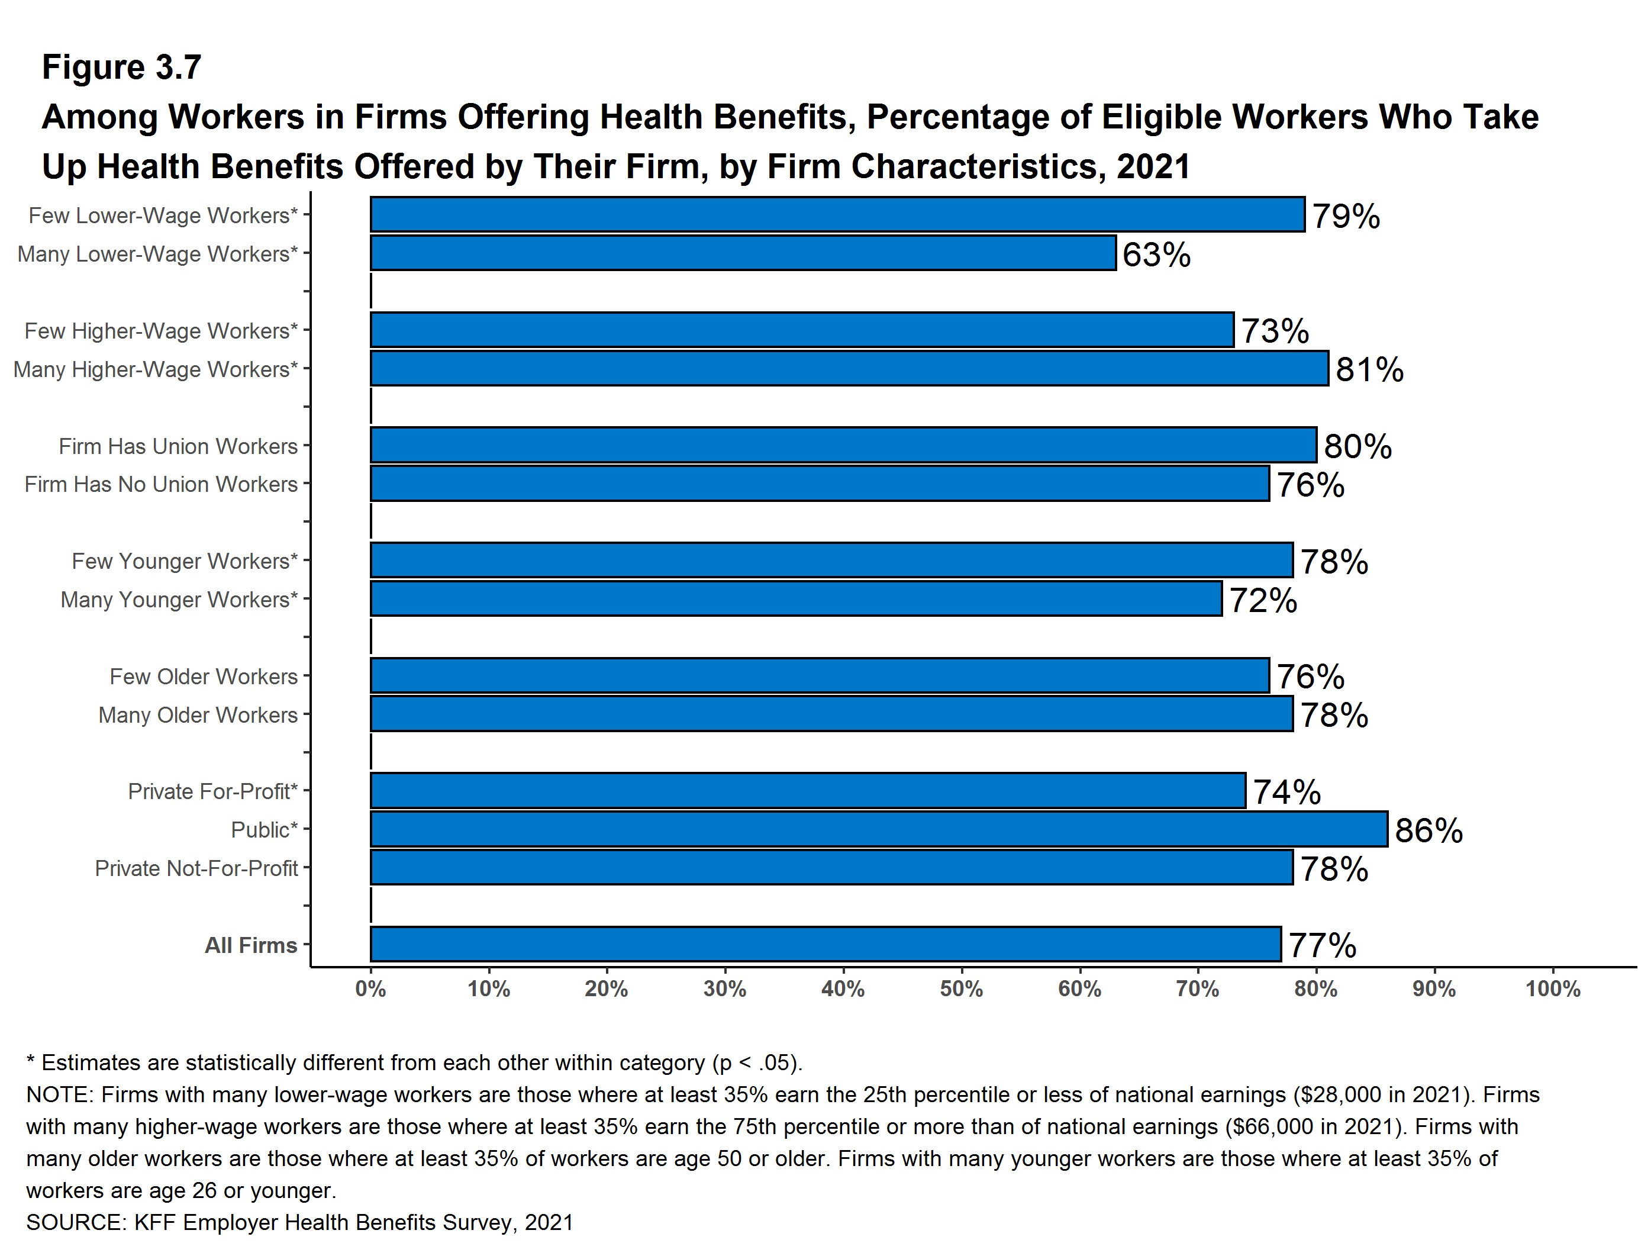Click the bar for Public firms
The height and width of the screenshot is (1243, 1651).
(x=879, y=829)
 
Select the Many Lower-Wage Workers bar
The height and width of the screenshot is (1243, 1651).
(x=743, y=253)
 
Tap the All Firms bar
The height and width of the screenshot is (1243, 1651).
(x=825, y=944)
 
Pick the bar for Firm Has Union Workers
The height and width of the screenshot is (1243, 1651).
(x=843, y=446)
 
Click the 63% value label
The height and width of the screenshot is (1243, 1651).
(x=1156, y=255)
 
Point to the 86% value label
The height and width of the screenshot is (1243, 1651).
(x=1428, y=830)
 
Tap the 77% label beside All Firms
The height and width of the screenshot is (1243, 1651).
(x=1322, y=946)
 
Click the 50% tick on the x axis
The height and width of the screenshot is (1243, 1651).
(x=962, y=989)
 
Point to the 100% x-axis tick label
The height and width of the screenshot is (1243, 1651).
(x=1553, y=989)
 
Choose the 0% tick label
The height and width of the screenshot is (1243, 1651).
(x=370, y=989)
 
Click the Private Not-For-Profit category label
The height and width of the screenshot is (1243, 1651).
(x=196, y=868)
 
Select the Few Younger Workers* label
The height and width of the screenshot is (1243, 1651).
(x=185, y=561)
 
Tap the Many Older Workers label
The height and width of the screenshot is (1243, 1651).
(x=198, y=714)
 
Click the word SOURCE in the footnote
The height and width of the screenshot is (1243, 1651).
(x=75, y=1222)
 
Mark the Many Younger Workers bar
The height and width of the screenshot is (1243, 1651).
(x=796, y=599)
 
